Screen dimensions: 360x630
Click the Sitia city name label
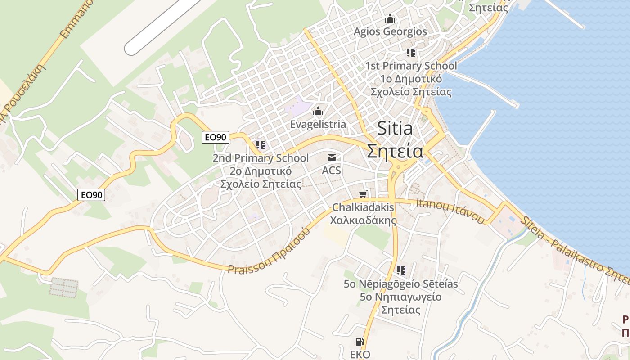click(395, 129)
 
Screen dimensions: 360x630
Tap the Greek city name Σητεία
click(395, 151)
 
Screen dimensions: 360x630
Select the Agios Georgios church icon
click(390, 19)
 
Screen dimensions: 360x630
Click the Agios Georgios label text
click(390, 32)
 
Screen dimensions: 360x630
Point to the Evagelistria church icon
click(318, 111)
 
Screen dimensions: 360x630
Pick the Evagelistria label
click(318, 124)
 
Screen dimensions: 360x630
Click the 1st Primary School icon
click(410, 53)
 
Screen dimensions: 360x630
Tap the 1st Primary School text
click(411, 66)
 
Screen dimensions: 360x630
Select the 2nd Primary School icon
click(260, 145)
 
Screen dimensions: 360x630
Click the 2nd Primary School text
click(261, 158)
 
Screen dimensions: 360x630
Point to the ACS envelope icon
click(332, 157)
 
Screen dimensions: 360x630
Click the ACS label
click(331, 171)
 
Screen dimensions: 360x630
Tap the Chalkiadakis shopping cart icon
click(363, 194)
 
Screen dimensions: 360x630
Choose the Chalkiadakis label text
click(363, 208)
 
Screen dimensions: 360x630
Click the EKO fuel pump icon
click(360, 342)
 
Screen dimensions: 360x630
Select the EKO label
click(360, 355)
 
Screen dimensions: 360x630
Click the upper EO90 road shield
click(215, 137)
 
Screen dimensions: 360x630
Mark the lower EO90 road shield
click(91, 195)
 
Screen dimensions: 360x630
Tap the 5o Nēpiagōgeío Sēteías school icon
click(401, 270)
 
